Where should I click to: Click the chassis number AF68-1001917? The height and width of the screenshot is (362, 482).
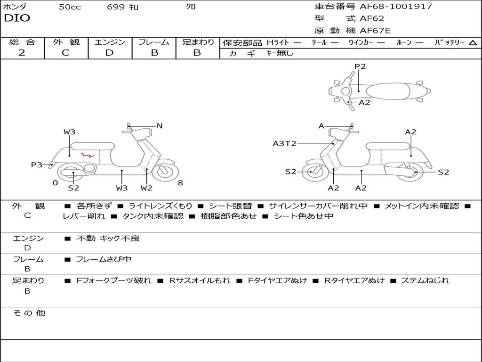pos(395,7)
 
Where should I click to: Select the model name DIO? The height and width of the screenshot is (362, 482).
pos(17,18)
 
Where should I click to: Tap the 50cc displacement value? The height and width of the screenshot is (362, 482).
pos(70,7)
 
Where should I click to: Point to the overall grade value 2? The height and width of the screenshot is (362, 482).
pos(22,53)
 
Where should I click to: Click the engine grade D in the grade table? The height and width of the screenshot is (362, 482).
pos(110,53)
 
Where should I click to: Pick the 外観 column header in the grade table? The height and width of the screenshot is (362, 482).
pos(66,42)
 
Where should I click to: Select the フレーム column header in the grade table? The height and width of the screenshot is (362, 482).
pos(154,42)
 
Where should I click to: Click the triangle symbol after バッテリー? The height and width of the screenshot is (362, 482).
pos(473,42)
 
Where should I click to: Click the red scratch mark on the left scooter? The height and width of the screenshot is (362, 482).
pos(88,154)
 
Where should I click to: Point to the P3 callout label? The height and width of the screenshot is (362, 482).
pos(36,165)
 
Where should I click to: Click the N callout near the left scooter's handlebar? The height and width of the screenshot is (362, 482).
pos(160,126)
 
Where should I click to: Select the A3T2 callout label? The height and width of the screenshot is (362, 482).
pos(284,143)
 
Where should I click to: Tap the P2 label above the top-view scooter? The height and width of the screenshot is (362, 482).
pos(360,66)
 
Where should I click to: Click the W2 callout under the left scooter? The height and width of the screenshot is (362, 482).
pos(146,188)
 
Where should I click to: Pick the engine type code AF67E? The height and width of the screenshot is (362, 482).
pos(375,31)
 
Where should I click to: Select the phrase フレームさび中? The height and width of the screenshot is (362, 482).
pos(104,259)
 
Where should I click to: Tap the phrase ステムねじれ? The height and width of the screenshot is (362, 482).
pos(425,280)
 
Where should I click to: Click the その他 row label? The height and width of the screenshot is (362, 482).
pos(29,313)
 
